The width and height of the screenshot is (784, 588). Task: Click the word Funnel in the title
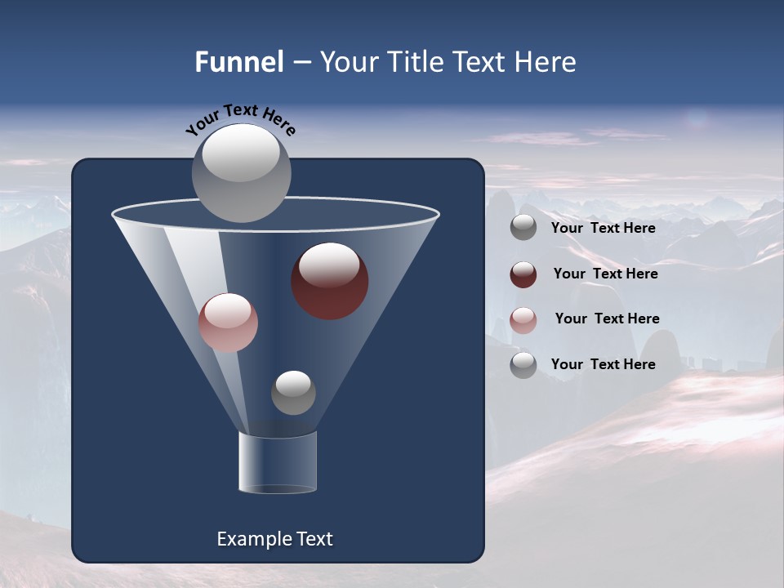pos(238,62)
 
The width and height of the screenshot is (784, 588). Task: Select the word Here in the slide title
pos(548,62)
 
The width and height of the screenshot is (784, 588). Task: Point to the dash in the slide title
pos(301,63)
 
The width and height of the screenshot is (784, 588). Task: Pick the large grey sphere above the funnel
pos(242,172)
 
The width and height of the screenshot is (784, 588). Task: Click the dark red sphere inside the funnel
pos(330,281)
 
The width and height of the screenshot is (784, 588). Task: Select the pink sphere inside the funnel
pos(228,323)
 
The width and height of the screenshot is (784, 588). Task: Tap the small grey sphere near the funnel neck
pos(293,392)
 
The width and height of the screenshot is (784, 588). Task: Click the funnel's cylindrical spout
pos(278,463)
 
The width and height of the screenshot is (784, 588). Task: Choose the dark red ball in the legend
pos(523,274)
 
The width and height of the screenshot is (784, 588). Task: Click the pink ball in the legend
pos(523,320)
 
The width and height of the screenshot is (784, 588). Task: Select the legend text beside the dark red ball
pos(605,274)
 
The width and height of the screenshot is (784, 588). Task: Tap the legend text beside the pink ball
pos(607,318)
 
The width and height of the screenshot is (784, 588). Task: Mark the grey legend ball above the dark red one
pos(523,227)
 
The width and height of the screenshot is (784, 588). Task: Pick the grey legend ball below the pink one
pos(523,365)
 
